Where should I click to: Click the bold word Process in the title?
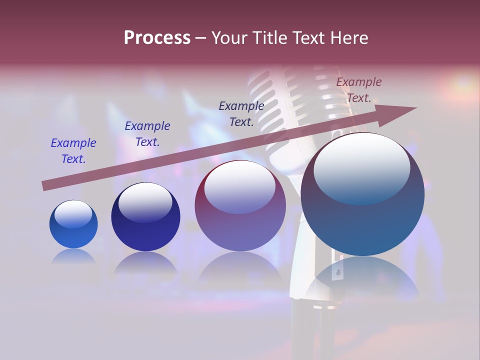coord(157,38)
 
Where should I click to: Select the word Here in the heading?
coord(349,38)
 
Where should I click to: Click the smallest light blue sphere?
coord(73,224)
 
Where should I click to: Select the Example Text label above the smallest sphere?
coord(73,151)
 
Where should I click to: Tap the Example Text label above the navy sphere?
coord(147,134)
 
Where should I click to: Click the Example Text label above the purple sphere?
coord(241,114)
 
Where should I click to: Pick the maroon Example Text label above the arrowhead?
coord(359,90)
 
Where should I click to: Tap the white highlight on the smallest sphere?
coord(73,213)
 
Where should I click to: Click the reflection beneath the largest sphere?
coord(362,278)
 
